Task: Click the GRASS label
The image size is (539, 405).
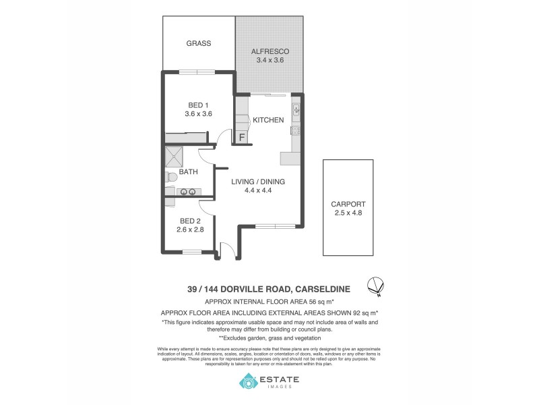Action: (199, 43)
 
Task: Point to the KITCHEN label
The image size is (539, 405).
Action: (267, 120)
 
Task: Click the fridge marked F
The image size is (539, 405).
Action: (241, 137)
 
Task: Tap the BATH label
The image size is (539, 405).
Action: (188, 172)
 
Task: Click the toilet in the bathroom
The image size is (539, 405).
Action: (171, 177)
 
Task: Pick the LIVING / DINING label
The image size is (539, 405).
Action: (258, 182)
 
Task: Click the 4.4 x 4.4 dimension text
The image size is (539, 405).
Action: (258, 190)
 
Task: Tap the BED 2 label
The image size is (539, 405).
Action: (190, 221)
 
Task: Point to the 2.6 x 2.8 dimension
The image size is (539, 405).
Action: (190, 230)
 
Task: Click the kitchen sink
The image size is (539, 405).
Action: (296, 109)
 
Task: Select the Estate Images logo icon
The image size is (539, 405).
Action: (249, 383)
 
